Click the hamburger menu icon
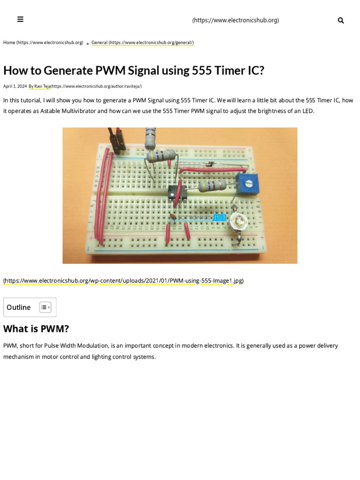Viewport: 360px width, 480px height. [x=20, y=19]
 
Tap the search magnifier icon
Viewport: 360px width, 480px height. [x=341, y=20]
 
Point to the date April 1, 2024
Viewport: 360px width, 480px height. [x=15, y=86]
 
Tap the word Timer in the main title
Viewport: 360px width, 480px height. [x=222, y=70]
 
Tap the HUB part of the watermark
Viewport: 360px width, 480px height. [x=220, y=217]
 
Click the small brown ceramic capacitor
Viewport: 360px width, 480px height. [x=173, y=216]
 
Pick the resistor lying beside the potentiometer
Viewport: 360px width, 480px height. [x=213, y=187]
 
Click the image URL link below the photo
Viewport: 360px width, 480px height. [x=123, y=281]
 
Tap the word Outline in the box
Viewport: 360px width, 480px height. [x=19, y=307]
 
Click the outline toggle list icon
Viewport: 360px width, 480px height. [x=45, y=307]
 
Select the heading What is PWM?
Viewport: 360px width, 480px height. [x=36, y=329]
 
